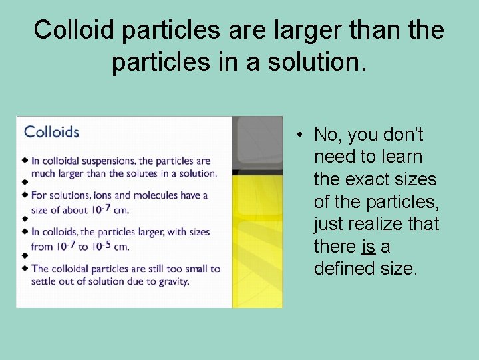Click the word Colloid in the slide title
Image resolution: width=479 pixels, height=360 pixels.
(69, 31)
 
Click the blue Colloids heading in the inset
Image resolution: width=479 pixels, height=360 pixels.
(51, 131)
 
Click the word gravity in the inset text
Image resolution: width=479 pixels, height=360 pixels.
(174, 281)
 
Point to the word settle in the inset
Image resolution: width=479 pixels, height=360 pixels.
(45, 281)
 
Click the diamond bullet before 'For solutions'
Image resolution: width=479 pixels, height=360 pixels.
(25, 195)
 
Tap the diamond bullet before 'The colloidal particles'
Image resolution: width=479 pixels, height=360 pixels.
(25, 269)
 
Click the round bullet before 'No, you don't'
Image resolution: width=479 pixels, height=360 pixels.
(301, 135)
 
